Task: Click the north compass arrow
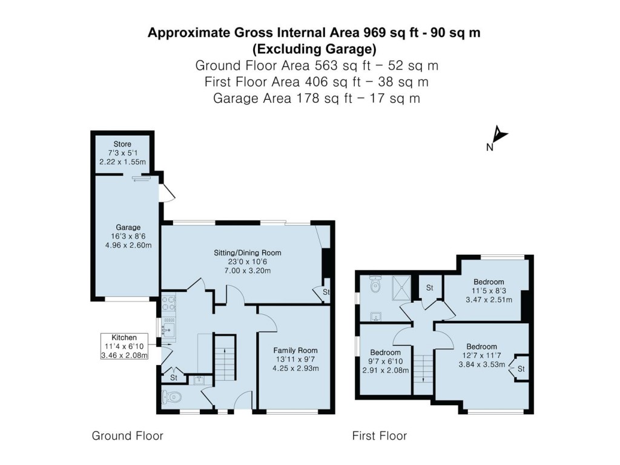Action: [x=499, y=136]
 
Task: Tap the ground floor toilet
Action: [x=173, y=398]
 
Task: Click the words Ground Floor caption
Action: [x=127, y=435]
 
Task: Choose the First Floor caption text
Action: [x=380, y=435]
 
